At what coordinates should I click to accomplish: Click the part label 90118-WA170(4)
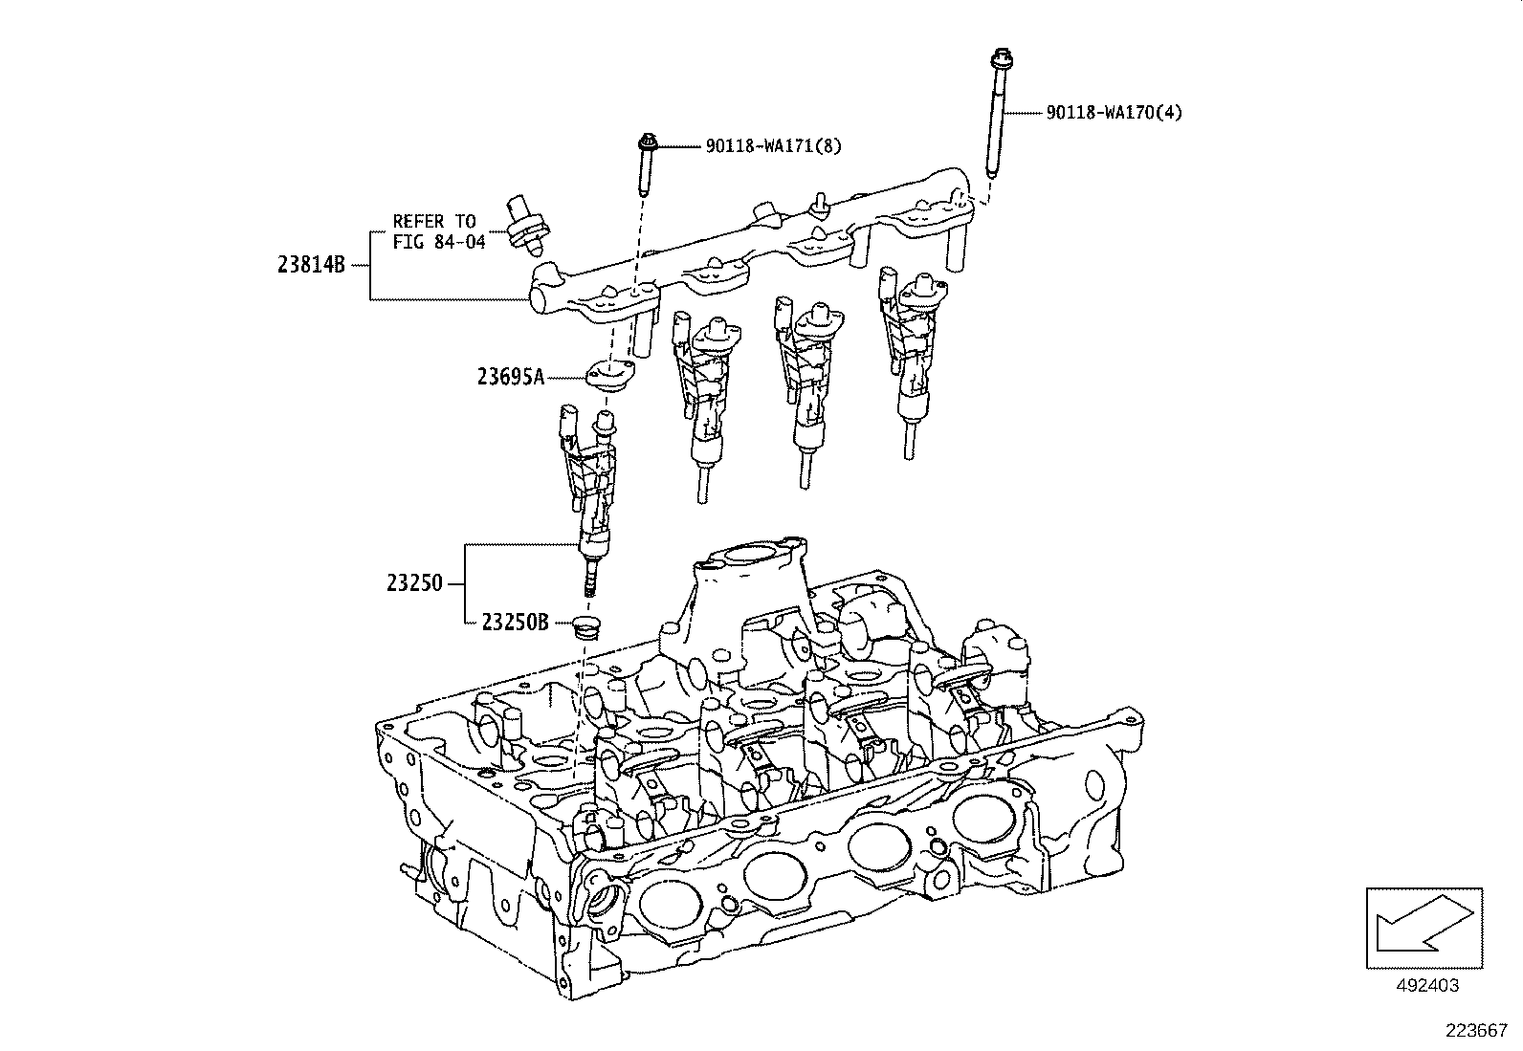tap(1114, 113)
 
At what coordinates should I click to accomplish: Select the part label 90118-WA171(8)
tap(775, 145)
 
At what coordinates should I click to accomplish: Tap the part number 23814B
tap(311, 266)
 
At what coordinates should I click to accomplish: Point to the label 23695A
tap(511, 377)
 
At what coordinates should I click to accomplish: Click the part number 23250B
tap(515, 623)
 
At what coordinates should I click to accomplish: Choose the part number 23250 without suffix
tap(414, 582)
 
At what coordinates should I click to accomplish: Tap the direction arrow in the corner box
tap(1424, 927)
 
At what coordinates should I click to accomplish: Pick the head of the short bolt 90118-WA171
tap(645, 143)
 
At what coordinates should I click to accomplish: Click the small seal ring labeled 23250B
tap(583, 627)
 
